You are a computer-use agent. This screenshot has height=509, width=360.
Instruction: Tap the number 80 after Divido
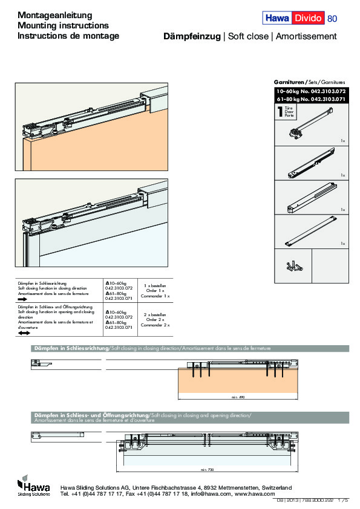[332, 19]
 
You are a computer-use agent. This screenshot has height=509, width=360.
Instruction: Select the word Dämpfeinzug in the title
[192, 36]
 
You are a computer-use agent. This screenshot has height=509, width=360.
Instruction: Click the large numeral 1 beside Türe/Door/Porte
[279, 112]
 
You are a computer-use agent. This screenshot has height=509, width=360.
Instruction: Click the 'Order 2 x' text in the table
[155, 320]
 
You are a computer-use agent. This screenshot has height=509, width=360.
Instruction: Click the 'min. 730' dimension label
[207, 469]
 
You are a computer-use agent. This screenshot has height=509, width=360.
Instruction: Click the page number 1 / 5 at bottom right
[343, 501]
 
